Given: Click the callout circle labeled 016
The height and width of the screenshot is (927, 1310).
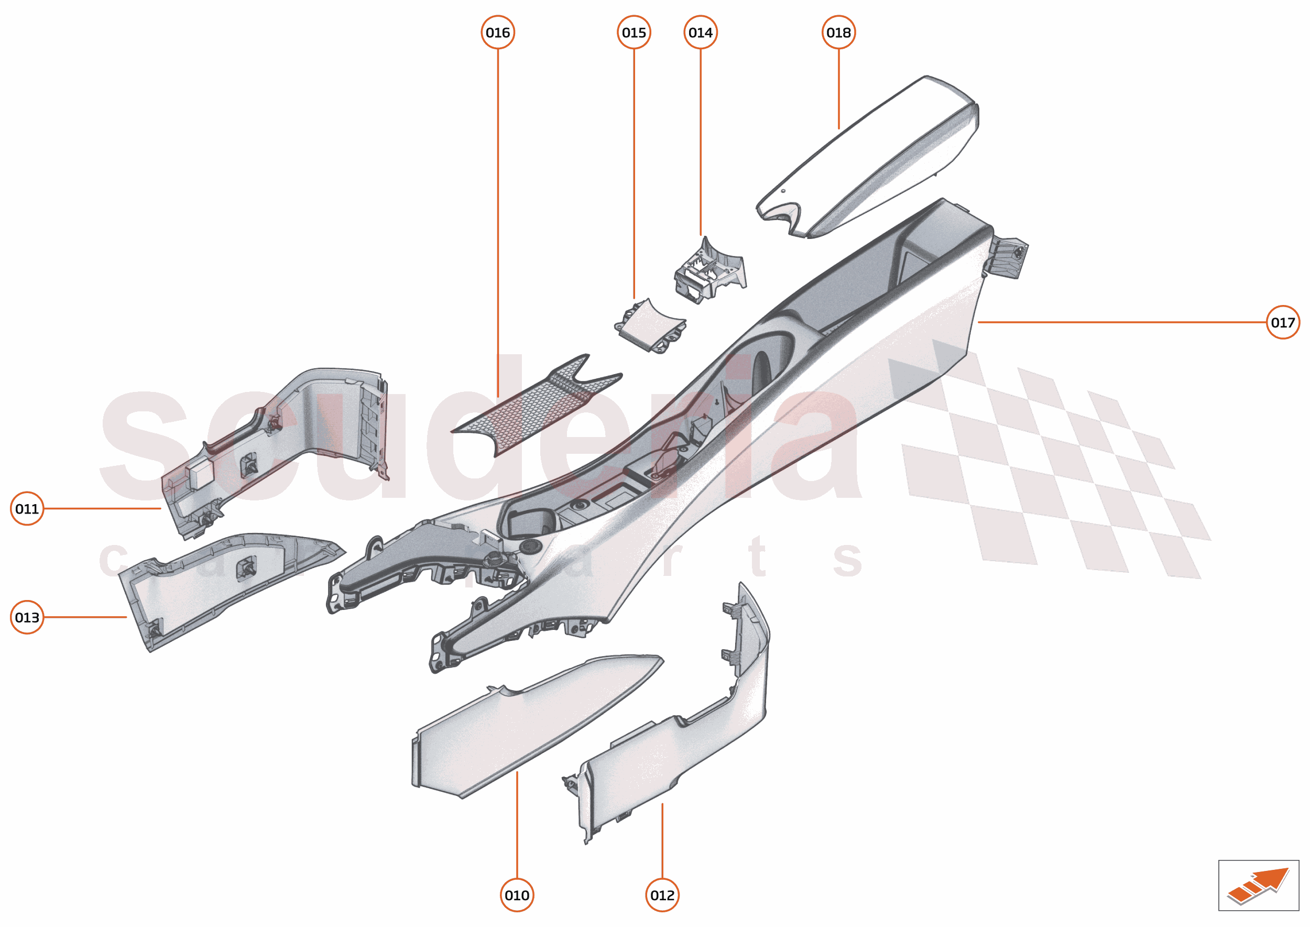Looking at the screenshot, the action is coord(498,32).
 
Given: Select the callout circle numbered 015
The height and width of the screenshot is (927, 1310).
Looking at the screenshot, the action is coord(634,32).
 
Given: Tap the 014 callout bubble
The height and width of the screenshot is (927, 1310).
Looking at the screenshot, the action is coord(701,32).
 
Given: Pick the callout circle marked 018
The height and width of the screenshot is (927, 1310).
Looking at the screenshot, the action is coord(838,32).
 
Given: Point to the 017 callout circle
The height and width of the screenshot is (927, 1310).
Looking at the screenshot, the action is coord(1283,322).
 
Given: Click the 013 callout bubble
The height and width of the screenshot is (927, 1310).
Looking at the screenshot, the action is coord(27,617).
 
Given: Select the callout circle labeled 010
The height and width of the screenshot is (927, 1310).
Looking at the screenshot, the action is coord(517,895).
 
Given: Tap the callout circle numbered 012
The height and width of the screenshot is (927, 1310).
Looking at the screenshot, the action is coord(662,895).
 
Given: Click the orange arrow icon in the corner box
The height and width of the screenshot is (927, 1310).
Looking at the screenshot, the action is coord(1259,887).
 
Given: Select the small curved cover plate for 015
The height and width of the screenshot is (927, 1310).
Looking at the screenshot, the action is coord(651,325).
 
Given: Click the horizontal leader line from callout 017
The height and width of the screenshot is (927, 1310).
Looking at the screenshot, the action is coord(1122,322).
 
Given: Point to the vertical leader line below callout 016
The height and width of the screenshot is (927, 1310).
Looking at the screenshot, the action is coord(498,223).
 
